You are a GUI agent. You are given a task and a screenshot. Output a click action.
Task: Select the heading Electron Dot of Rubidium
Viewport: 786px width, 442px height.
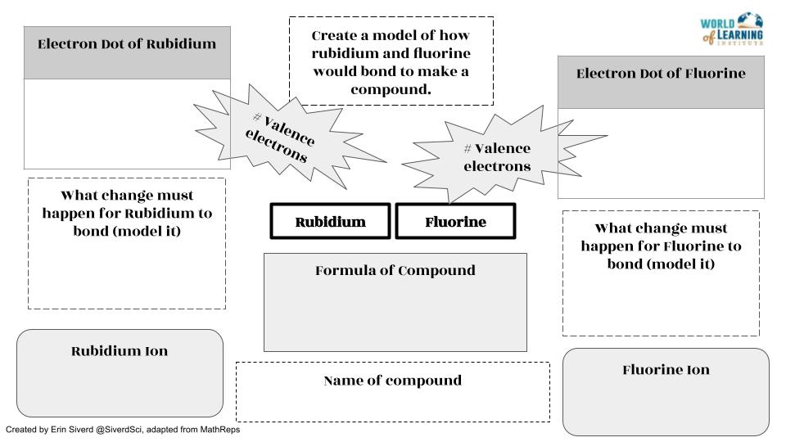click(127, 44)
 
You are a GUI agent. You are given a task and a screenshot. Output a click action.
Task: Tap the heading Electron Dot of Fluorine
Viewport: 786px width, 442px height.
click(661, 74)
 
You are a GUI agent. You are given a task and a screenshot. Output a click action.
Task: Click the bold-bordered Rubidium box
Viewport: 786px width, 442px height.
click(330, 222)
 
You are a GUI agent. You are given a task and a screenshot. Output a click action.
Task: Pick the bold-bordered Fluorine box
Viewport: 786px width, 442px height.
click(455, 222)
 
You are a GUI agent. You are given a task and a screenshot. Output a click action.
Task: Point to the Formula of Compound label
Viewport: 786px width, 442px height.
click(395, 270)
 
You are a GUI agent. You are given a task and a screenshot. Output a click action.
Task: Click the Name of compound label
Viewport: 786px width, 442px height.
click(392, 381)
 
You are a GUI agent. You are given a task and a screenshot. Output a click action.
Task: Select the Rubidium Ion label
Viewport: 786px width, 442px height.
click(120, 351)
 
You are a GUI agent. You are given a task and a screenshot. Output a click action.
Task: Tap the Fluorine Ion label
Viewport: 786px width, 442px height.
click(666, 370)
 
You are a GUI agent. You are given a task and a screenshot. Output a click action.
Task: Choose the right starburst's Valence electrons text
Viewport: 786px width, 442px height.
click(498, 157)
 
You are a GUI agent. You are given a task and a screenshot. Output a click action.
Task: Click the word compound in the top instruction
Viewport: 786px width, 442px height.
click(391, 88)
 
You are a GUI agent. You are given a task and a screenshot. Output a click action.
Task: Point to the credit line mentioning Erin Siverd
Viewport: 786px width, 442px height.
click(123, 430)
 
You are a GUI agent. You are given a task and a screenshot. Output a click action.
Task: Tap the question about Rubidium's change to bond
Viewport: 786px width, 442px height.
click(127, 214)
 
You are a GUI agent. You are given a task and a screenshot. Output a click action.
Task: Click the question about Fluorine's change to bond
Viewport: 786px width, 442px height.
click(661, 246)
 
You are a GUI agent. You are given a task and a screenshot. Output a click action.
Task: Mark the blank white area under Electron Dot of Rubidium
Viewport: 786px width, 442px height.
click(127, 124)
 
